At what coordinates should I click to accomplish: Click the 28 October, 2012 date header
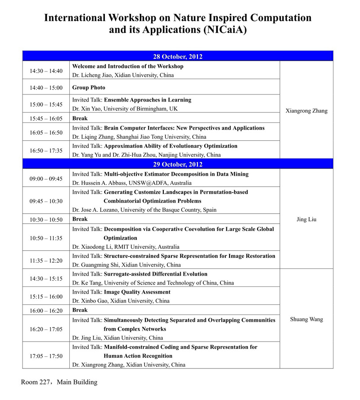click(177, 56)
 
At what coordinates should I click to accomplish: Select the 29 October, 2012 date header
click(177, 164)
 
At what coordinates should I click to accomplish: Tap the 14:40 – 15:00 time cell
click(46, 88)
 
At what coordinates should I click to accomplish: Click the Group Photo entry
click(89, 88)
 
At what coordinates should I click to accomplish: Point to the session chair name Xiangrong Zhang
click(306, 111)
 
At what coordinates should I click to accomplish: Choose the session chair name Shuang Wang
click(306, 320)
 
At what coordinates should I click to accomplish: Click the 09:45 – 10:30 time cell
click(46, 201)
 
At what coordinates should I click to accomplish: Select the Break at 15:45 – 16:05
click(80, 119)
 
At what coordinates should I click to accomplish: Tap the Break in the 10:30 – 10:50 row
click(80, 219)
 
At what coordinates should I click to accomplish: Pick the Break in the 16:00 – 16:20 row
click(80, 310)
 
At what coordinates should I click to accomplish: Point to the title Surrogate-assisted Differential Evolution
click(156, 274)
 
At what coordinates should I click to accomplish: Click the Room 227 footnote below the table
click(59, 382)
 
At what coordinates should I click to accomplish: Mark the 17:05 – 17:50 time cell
click(46, 356)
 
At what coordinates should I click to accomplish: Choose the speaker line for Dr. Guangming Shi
click(126, 265)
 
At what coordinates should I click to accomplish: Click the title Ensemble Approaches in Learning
click(148, 100)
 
